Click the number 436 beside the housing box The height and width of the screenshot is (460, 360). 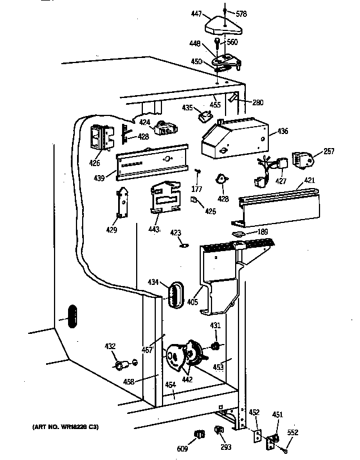click(x=282, y=131)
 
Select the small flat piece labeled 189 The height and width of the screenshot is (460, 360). click(x=238, y=232)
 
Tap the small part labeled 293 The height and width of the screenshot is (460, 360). click(x=219, y=431)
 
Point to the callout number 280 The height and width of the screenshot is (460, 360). click(x=258, y=102)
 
